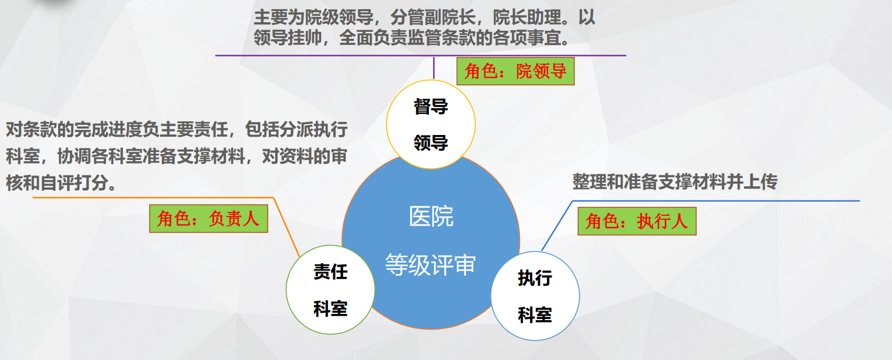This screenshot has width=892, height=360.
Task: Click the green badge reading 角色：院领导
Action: (x=515, y=71)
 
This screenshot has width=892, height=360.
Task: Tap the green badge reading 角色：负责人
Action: (x=208, y=219)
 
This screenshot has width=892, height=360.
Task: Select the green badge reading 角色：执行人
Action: (x=637, y=221)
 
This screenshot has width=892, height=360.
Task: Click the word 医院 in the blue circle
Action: (x=431, y=216)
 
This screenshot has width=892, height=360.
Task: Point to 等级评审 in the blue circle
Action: (x=431, y=265)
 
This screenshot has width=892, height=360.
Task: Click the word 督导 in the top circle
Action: (x=431, y=107)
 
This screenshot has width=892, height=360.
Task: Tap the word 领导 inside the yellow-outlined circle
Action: (x=431, y=142)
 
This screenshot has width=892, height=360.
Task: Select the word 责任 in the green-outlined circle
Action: (x=330, y=272)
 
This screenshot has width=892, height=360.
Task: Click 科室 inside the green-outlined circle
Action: (x=330, y=309)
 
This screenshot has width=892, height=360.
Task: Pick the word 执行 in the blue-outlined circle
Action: (x=535, y=278)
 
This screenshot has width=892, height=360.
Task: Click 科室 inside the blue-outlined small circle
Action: (x=535, y=315)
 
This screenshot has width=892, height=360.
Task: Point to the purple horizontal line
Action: (x=421, y=55)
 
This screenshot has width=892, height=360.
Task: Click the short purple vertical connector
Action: (x=433, y=68)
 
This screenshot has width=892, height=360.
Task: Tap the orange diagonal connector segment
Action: (x=287, y=227)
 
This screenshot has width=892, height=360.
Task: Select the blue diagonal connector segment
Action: (x=557, y=226)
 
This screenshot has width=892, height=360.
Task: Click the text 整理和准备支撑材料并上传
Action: (x=675, y=182)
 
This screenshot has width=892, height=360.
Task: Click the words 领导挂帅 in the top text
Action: (x=288, y=38)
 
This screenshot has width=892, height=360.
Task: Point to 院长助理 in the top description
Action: (x=527, y=18)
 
